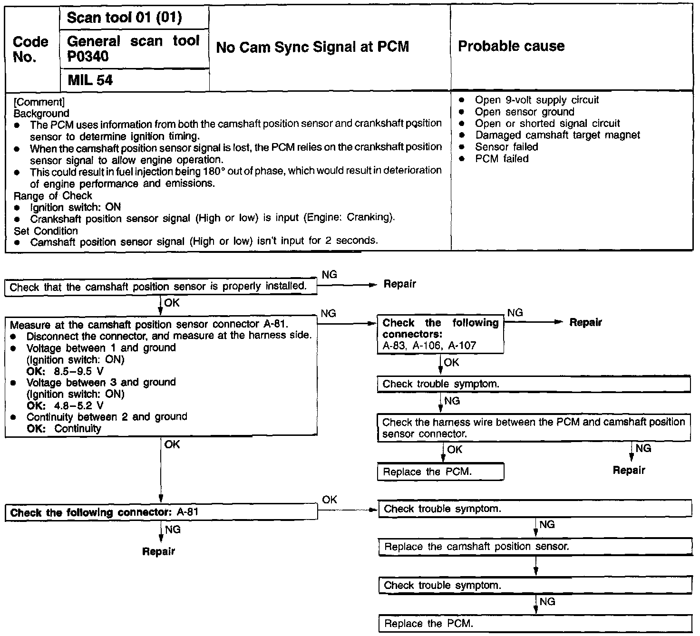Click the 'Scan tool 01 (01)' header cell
[x=124, y=18]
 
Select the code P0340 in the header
[x=87, y=57]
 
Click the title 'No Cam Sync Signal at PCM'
[x=312, y=47]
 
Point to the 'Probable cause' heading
[x=511, y=46]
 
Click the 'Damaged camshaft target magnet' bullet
[x=557, y=135]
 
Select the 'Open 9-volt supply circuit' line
[x=537, y=100]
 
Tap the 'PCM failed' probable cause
[x=502, y=158]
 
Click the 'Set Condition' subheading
[x=46, y=231]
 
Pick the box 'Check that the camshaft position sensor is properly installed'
[x=161, y=287]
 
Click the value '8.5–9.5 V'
[x=78, y=371]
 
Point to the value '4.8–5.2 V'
[x=78, y=406]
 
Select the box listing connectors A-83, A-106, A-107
[x=440, y=334]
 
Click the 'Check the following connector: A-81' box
[x=161, y=512]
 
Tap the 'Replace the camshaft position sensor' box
[x=535, y=547]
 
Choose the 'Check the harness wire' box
[x=534, y=428]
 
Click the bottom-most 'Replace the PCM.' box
[x=535, y=624]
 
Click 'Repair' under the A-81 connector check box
[x=158, y=551]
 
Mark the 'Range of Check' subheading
[x=53, y=196]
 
